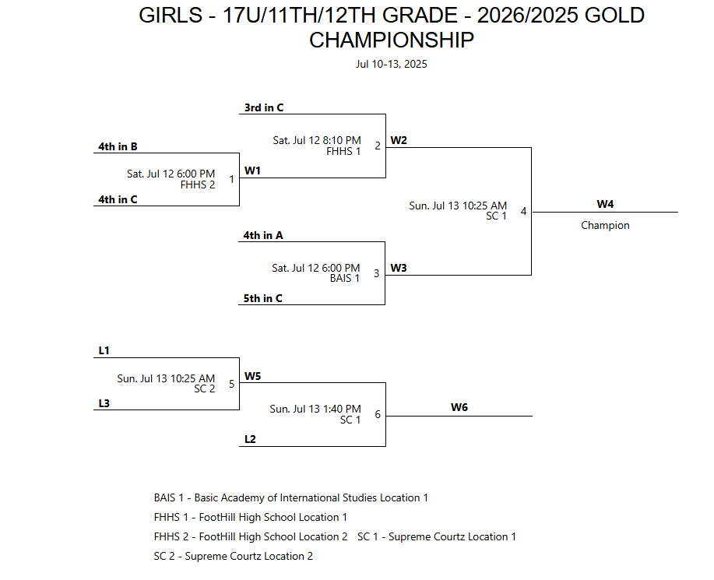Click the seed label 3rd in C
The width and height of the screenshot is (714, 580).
(x=263, y=107)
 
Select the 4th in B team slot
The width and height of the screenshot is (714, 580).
(x=118, y=146)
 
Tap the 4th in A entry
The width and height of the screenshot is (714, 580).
(x=263, y=235)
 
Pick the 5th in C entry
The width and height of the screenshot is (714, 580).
(x=263, y=297)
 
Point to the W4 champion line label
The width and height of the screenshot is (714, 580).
(x=605, y=204)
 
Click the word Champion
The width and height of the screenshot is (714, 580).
(x=605, y=225)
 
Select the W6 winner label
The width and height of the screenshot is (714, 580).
(x=459, y=407)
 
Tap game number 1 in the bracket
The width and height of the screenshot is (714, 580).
(x=231, y=179)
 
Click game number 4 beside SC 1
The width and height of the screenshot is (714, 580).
(x=523, y=211)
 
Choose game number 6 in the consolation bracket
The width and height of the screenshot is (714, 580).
(x=378, y=414)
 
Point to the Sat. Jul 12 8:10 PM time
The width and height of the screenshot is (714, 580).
(x=316, y=141)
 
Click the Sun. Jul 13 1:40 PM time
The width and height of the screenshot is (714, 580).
(x=315, y=409)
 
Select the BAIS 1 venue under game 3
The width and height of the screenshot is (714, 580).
(x=345, y=278)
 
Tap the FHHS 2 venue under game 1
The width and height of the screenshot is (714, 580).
(x=198, y=185)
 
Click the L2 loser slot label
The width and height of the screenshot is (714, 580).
(x=250, y=439)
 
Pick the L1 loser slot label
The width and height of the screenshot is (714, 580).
(x=104, y=351)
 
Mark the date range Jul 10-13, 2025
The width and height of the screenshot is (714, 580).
(x=391, y=64)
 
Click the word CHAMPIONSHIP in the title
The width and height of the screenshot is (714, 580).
(x=391, y=40)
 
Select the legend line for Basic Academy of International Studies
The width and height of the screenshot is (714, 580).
(x=291, y=497)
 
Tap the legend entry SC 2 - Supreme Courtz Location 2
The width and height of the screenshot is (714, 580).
(x=234, y=556)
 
